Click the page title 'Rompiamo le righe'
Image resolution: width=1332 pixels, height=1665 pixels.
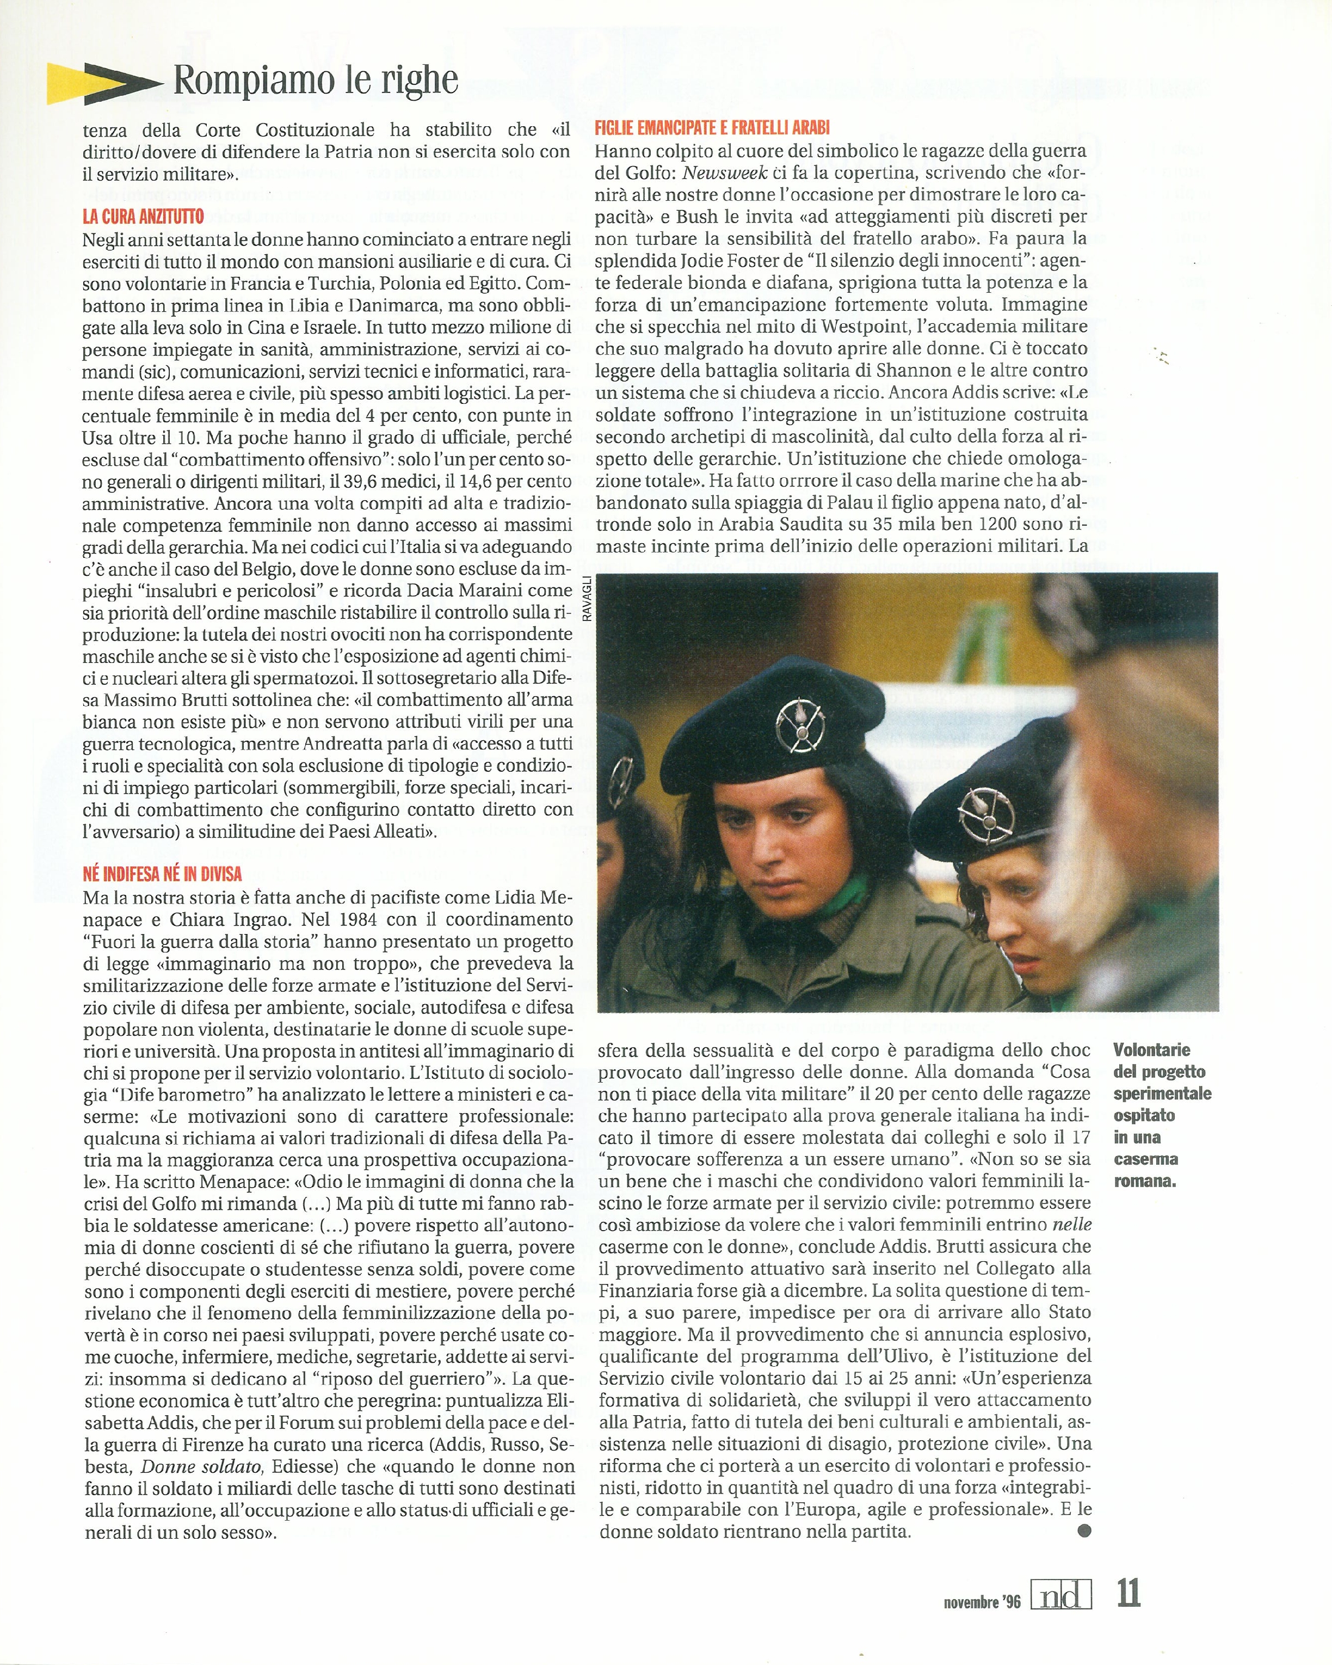point(316,81)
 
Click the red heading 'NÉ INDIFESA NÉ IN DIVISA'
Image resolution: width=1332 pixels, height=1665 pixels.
point(162,874)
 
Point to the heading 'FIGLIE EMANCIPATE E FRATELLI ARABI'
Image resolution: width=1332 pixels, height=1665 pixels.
point(712,128)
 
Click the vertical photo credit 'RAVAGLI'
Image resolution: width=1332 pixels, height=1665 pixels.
point(588,599)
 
